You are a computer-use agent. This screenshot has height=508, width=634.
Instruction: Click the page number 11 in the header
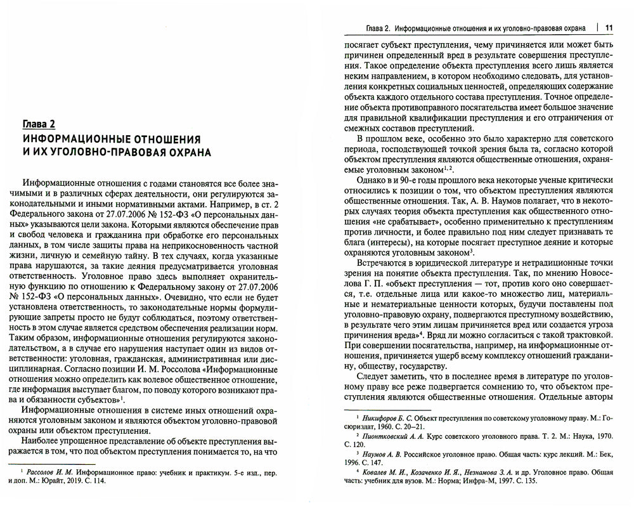click(x=609, y=28)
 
